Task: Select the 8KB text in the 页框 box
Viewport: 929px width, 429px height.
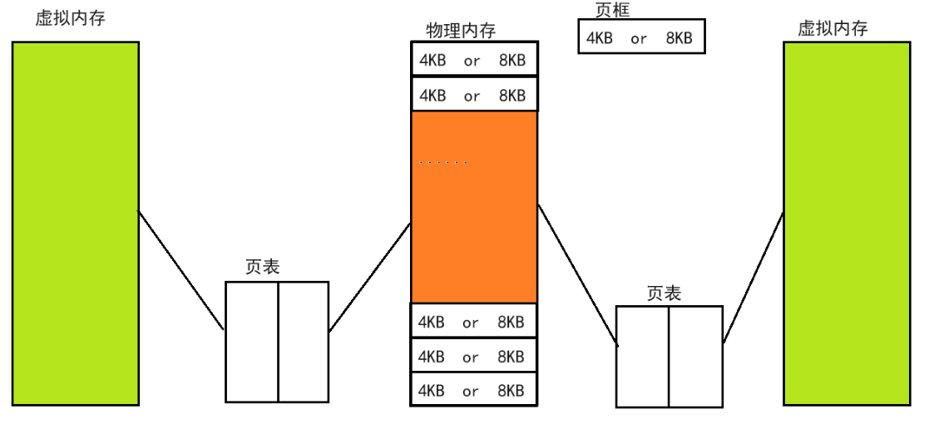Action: click(x=679, y=38)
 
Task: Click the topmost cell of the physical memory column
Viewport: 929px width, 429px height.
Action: click(x=474, y=59)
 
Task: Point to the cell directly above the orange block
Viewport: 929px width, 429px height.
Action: click(x=474, y=95)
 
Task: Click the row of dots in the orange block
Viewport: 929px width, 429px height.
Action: click(x=444, y=162)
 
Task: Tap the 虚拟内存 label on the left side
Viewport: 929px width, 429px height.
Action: click(x=70, y=19)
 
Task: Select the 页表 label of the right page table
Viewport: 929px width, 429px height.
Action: click(x=664, y=293)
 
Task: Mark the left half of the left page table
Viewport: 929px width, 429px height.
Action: click(x=251, y=342)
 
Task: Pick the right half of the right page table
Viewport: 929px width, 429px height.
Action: click(x=696, y=356)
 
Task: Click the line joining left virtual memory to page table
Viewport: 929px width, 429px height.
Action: click(x=181, y=270)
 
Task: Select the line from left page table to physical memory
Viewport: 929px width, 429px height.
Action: click(x=370, y=277)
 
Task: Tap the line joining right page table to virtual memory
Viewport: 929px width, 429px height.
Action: click(x=754, y=276)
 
